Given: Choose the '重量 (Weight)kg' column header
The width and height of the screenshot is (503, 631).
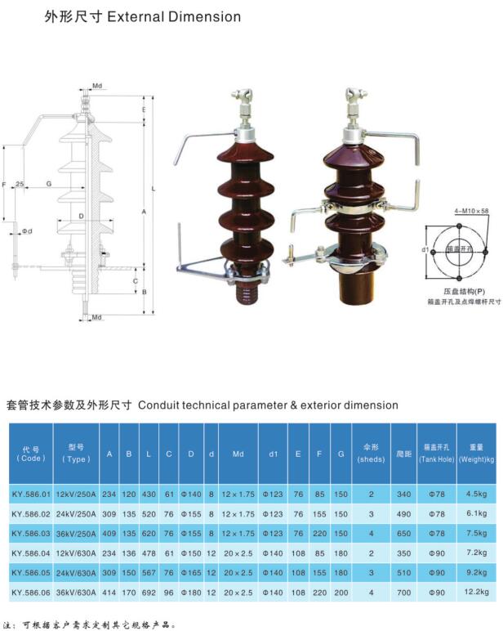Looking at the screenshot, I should point(476,453).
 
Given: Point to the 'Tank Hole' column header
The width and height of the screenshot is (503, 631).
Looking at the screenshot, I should point(436,453).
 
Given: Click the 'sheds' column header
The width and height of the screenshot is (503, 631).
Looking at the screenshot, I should point(371,453).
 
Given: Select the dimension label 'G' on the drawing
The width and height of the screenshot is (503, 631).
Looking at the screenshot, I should point(49,184).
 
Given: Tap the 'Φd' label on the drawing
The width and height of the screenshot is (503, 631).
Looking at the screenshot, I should point(27,231).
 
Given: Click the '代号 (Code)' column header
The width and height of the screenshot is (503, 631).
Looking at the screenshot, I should point(31,453).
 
